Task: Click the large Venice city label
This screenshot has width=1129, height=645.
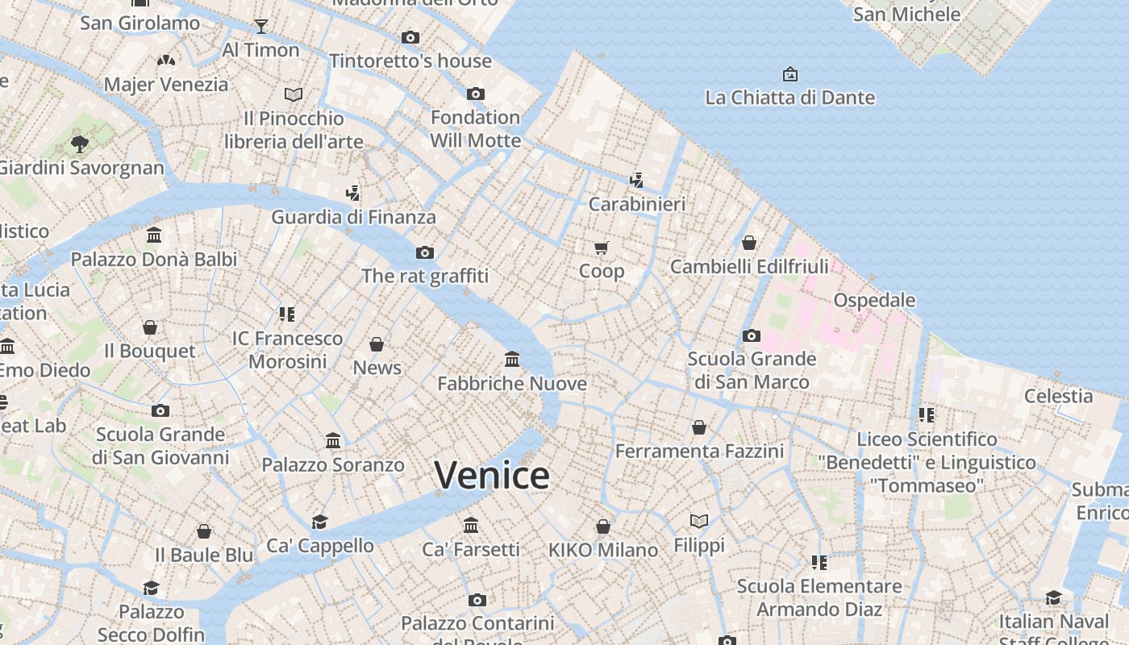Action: tap(492, 475)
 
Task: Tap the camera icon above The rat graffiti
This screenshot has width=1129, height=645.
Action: tap(425, 252)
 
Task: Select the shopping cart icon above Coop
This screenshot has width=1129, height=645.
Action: tap(602, 248)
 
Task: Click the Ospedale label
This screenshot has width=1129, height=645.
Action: tap(874, 300)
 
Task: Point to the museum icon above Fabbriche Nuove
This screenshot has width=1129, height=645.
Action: tap(512, 359)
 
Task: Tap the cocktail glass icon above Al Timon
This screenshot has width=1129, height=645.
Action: tap(260, 27)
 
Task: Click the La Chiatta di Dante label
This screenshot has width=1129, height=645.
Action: tap(789, 98)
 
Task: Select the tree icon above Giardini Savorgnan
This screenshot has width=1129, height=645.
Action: tap(79, 144)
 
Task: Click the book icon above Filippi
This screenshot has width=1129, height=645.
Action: tap(699, 522)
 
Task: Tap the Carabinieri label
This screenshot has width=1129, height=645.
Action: tap(636, 204)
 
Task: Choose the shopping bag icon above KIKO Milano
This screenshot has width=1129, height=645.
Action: tap(602, 526)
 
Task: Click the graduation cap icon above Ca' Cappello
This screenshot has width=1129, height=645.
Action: tap(320, 522)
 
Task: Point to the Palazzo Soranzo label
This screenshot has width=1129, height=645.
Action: tap(333, 464)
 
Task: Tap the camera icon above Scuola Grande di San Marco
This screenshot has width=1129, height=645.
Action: tap(751, 335)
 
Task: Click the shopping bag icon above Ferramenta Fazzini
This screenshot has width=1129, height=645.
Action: tap(699, 427)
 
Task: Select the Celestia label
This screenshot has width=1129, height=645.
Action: tap(1058, 396)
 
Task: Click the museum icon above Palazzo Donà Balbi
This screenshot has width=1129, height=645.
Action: tap(154, 235)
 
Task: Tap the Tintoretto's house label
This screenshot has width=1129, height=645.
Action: tap(410, 60)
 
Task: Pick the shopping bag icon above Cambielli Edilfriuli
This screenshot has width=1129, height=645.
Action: tap(749, 243)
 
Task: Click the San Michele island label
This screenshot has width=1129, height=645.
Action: tap(906, 14)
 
